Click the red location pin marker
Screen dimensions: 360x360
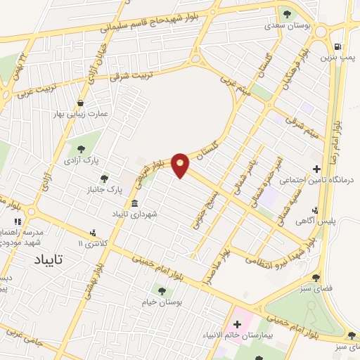point(181,165)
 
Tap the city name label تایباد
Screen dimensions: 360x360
point(49,259)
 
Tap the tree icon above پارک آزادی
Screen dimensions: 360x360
point(83,148)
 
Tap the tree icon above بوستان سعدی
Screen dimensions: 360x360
point(285,14)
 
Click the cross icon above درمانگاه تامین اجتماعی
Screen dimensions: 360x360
point(317,169)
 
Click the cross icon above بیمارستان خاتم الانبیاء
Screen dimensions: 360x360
point(236,324)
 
